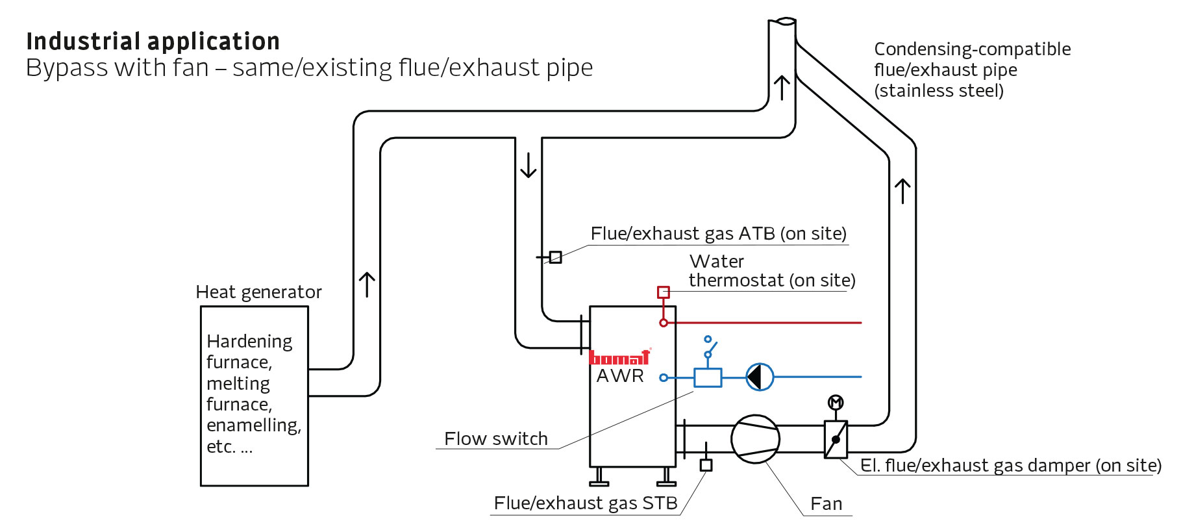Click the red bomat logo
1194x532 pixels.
click(619, 357)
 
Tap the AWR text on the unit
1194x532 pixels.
click(620, 376)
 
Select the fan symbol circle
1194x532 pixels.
click(755, 439)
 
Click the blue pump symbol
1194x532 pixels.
click(759, 377)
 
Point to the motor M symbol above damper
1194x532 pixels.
click(836, 403)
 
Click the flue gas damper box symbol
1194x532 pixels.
click(836, 440)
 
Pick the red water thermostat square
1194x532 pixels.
click(663, 292)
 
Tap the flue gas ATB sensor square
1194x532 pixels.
click(555, 257)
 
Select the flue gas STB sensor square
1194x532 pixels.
click(706, 465)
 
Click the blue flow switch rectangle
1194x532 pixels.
click(707, 377)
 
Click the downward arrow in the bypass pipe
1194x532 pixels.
click(529, 165)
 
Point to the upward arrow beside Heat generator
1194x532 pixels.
click(367, 285)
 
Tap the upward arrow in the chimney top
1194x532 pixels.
click(782, 88)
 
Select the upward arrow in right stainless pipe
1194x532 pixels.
click(902, 192)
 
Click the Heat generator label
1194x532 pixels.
click(258, 292)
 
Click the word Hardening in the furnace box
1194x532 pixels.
click(249, 342)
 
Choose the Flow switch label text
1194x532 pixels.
click(495, 439)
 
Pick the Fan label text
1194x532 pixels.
click(826, 504)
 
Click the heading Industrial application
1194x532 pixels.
click(153, 42)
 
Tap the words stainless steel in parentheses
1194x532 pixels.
click(939, 91)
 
